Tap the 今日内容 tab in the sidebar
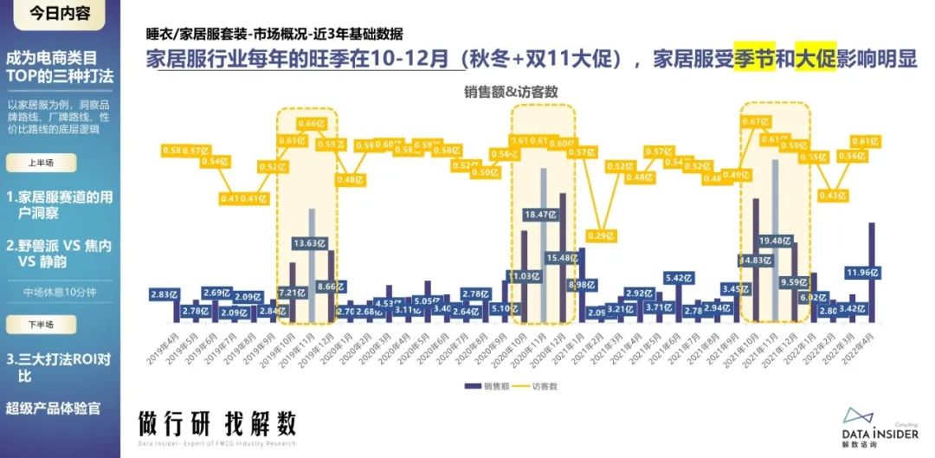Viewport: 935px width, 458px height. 58,13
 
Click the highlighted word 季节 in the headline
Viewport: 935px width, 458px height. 754,59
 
